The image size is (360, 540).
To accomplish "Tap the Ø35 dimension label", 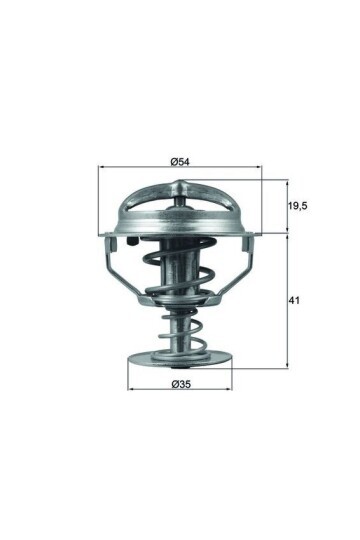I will (181, 385).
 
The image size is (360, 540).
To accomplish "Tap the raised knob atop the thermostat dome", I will (180, 186).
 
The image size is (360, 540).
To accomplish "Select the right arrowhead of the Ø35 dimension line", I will (229, 392).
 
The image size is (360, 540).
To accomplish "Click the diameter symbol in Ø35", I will (174, 385).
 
